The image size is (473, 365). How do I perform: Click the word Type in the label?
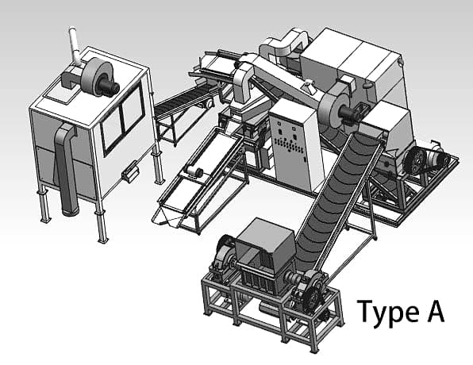(x=383, y=313)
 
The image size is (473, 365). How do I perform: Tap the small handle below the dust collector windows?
(x=129, y=169)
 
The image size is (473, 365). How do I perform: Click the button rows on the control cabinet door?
(x=290, y=148)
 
